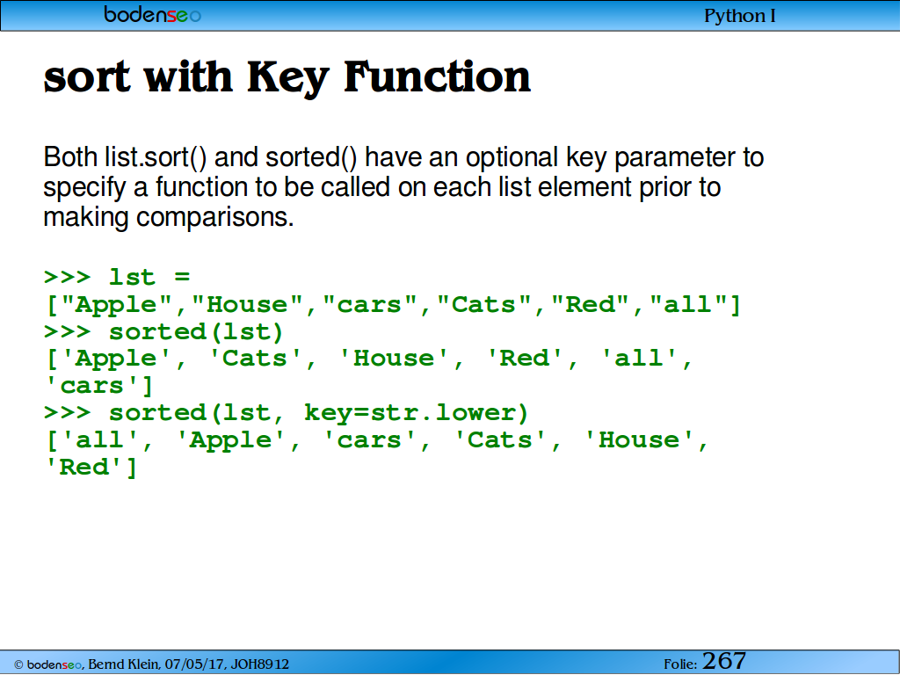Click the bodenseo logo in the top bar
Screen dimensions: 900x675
pyautogui.click(x=152, y=14)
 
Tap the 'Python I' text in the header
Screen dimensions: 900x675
pyautogui.click(x=740, y=16)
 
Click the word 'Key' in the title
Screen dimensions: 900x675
pyautogui.click(x=288, y=77)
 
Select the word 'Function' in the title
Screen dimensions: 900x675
pyautogui.click(x=438, y=76)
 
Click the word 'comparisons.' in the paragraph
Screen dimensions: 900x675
pyautogui.click(x=214, y=218)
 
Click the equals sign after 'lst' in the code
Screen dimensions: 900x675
pyautogui.click(x=182, y=277)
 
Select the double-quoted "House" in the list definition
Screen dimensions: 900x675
pyautogui.click(x=247, y=304)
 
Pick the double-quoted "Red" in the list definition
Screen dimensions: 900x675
pyautogui.click(x=590, y=304)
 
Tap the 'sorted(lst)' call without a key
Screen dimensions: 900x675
pyautogui.click(x=196, y=332)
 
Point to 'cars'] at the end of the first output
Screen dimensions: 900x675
pyautogui.click(x=98, y=386)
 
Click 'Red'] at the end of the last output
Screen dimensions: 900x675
pyautogui.click(x=91, y=468)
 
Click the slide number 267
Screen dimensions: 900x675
pyautogui.click(x=724, y=661)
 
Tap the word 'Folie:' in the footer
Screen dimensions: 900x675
pyautogui.click(x=680, y=664)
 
